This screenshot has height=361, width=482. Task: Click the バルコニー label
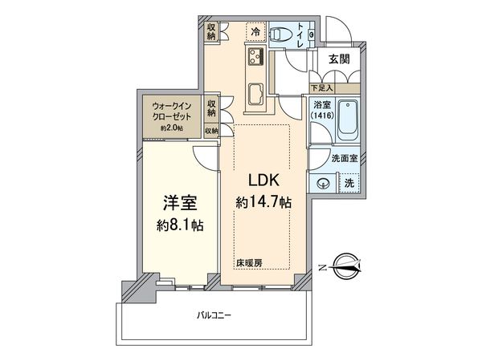(214, 315)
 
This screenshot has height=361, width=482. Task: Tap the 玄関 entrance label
(338, 59)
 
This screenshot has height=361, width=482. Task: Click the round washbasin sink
(323, 181)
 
